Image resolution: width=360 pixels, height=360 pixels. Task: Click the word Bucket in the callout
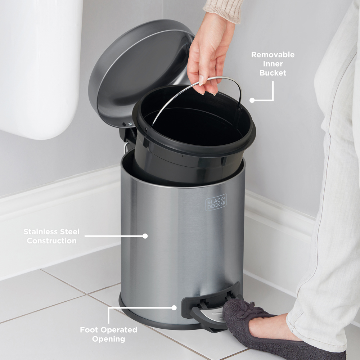(273, 73)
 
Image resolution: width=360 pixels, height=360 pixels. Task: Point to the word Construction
(51, 241)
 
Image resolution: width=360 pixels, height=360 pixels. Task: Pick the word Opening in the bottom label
(108, 339)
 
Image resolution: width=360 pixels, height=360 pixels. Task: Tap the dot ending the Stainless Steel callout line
(145, 236)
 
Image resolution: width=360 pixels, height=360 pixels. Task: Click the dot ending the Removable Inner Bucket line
(252, 100)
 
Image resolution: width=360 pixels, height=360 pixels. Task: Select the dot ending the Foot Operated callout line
(174, 308)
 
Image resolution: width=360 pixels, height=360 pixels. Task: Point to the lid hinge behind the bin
(128, 133)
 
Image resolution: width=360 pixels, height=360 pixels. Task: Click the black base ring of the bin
(151, 319)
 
